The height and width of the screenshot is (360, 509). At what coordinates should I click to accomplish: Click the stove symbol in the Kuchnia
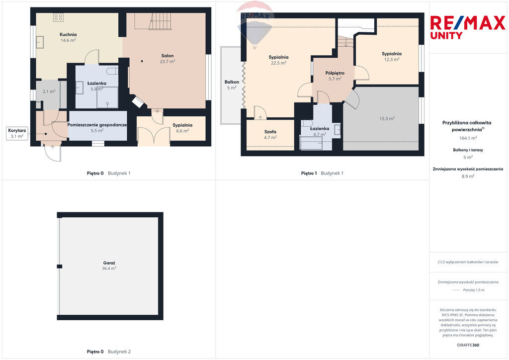click(59, 17)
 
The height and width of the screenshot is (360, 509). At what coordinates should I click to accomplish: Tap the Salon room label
click(168, 56)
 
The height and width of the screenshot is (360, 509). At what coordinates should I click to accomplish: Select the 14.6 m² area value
click(68, 40)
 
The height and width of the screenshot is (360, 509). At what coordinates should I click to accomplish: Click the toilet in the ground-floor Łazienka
click(112, 71)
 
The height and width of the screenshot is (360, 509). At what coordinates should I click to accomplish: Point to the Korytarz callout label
click(17, 130)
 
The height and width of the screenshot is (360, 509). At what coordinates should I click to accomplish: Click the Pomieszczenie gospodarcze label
click(97, 125)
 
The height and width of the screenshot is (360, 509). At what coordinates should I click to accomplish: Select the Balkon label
click(232, 82)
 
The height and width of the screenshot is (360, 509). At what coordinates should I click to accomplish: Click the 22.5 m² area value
click(278, 63)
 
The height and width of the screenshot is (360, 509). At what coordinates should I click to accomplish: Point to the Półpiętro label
click(335, 73)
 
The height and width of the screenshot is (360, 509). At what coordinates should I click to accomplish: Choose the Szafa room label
click(270, 131)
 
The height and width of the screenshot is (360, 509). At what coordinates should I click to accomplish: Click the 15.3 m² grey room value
click(387, 119)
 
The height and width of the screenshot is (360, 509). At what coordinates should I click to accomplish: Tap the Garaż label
click(109, 263)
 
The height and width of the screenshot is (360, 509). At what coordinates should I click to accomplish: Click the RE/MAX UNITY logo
click(468, 27)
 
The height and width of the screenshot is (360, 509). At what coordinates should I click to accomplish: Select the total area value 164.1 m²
click(468, 138)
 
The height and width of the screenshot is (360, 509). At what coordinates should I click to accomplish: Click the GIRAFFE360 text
click(468, 345)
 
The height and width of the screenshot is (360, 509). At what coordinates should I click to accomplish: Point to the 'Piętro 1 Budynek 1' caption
click(322, 174)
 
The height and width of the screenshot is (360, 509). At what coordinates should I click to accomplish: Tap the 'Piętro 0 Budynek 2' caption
click(109, 352)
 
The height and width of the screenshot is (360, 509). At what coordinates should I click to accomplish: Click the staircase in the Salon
click(160, 21)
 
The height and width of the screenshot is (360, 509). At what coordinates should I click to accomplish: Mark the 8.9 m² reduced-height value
click(468, 176)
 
